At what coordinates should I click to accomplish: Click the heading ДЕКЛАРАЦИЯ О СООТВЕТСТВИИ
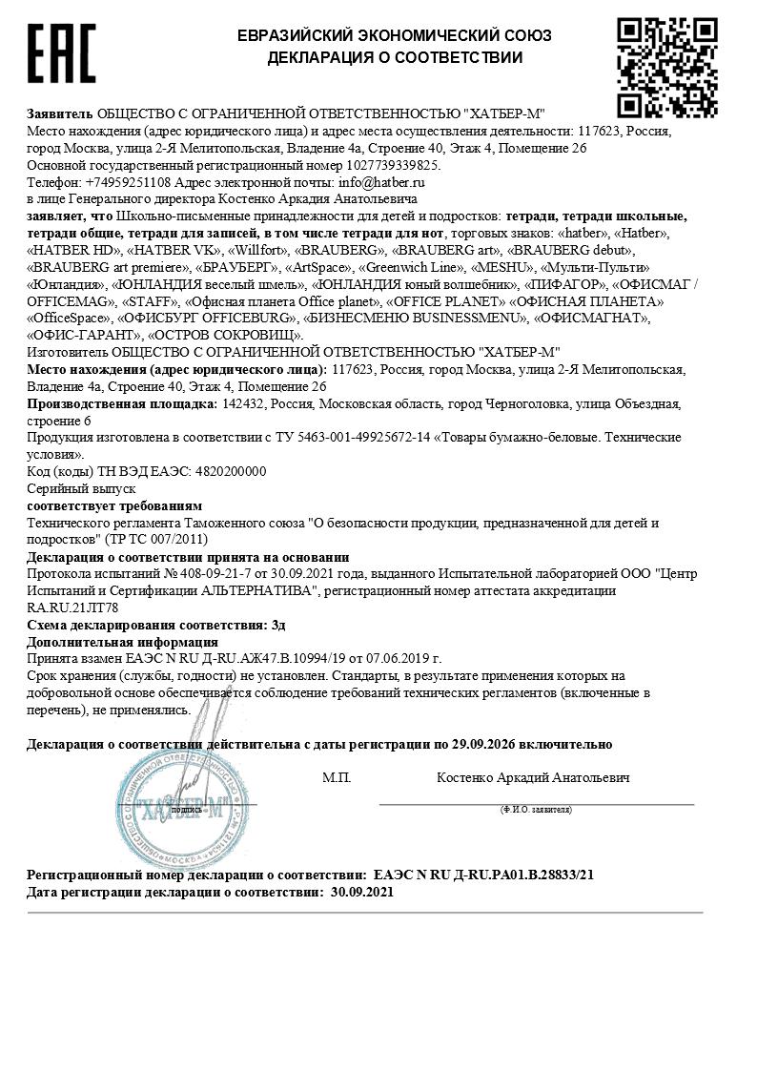[395, 57]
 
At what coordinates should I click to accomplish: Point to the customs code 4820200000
[230, 471]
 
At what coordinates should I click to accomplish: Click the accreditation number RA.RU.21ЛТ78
[72, 607]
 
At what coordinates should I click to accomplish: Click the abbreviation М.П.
[337, 778]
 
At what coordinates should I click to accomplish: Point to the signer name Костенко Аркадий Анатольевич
[533, 778]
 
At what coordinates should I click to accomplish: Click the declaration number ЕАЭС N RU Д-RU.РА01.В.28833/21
[483, 874]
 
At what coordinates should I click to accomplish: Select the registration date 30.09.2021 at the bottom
[361, 892]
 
